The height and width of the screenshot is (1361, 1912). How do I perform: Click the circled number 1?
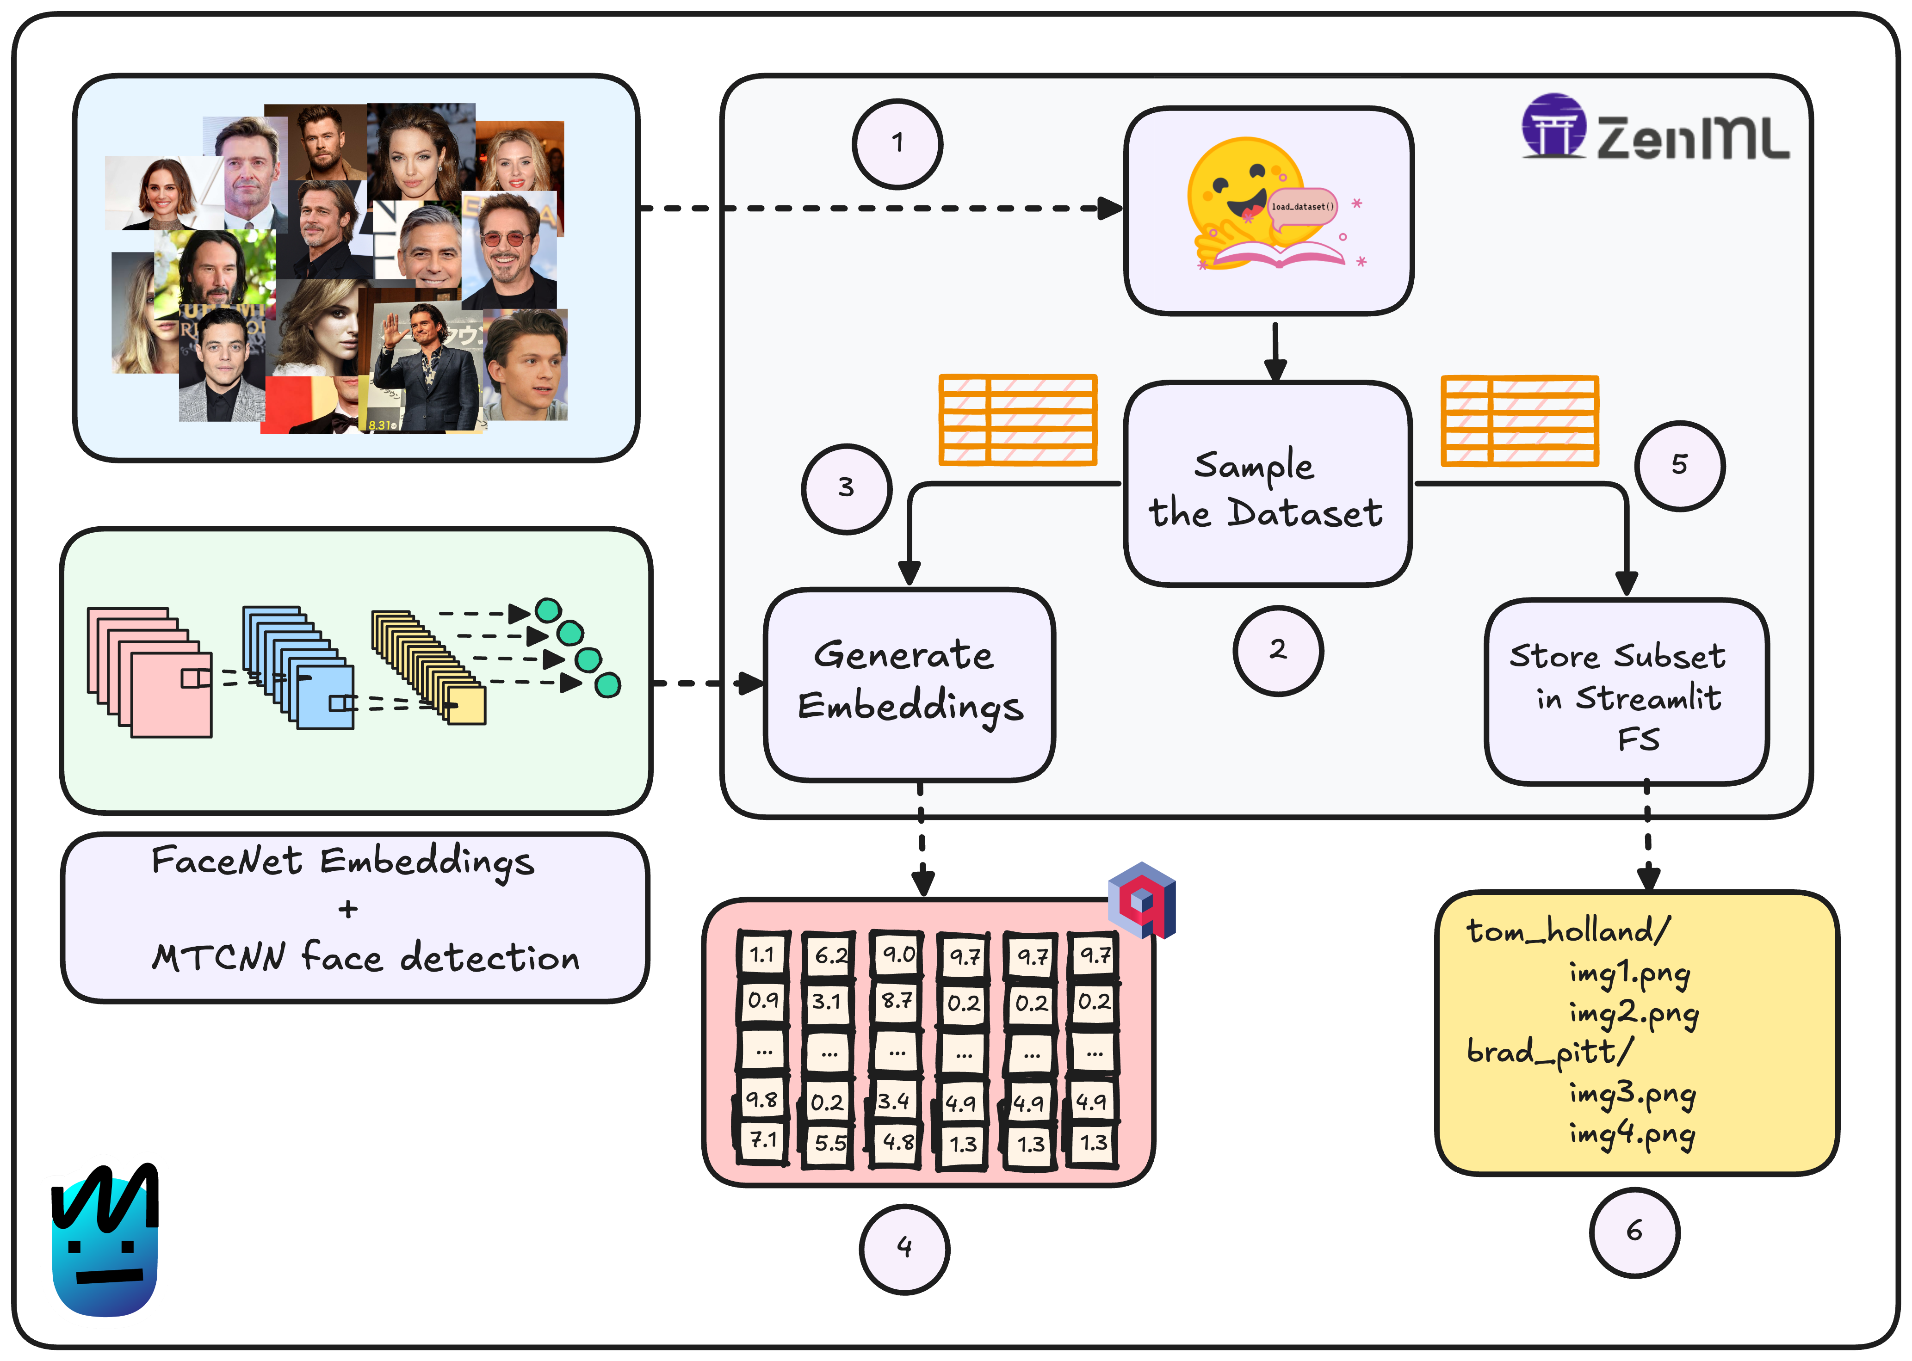(897, 143)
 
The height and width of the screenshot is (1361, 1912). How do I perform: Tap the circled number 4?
(903, 1248)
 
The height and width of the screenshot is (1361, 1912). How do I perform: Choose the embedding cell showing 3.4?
(894, 1100)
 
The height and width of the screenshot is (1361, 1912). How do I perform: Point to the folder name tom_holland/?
(1567, 931)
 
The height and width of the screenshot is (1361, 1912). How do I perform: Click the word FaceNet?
(226, 861)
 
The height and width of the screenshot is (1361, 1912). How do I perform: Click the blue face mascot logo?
(105, 1240)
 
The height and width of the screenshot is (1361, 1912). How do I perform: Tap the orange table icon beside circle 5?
(1519, 421)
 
